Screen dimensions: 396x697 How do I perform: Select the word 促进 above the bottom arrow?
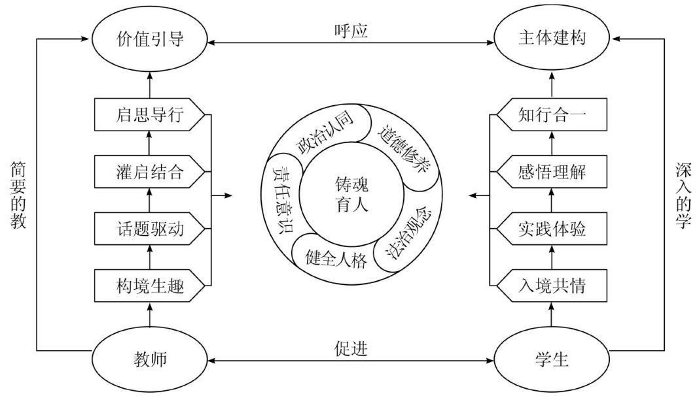click(349, 348)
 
